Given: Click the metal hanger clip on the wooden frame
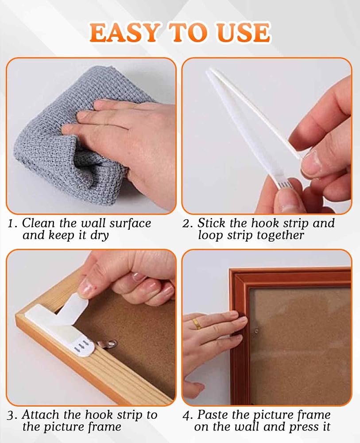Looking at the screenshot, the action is point(107,344).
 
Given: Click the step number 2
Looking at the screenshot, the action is point(186,224).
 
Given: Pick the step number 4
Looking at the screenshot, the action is point(186,416).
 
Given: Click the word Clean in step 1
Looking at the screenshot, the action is point(38,223).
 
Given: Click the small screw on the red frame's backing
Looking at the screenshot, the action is point(256,330).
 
